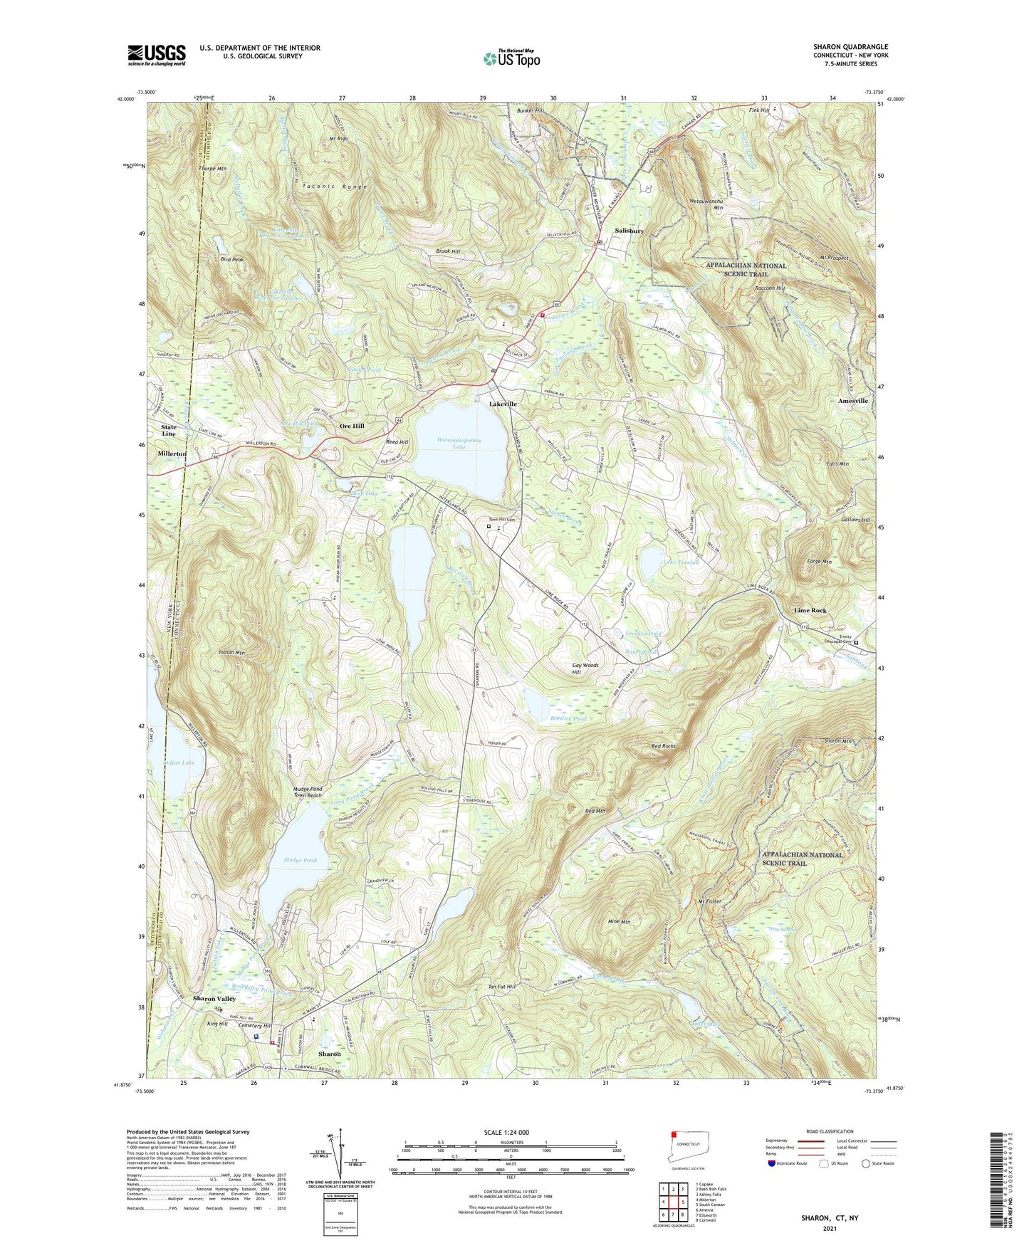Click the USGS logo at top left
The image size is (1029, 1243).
(157, 55)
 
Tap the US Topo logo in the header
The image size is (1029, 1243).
(511, 58)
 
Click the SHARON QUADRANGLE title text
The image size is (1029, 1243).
(850, 47)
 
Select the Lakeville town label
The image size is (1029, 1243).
(503, 404)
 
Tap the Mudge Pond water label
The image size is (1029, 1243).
(300, 860)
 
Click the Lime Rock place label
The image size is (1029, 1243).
(810, 611)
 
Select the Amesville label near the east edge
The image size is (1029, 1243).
(852, 401)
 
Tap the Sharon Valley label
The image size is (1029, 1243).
(214, 999)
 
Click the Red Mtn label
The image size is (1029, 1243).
(595, 811)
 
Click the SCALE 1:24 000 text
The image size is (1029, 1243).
(506, 1133)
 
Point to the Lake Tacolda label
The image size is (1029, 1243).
(681, 562)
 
